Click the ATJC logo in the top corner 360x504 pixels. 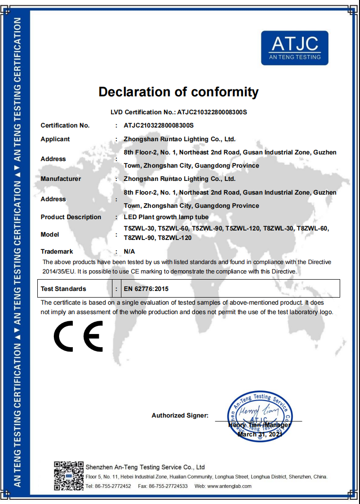point(294,48)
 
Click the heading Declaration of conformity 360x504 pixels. point(179,92)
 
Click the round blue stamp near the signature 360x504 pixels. point(260,414)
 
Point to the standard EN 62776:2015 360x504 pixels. point(146,289)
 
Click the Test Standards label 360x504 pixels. point(63,289)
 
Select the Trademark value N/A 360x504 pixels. point(129,251)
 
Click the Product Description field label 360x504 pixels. point(71,217)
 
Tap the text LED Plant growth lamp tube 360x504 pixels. point(166,217)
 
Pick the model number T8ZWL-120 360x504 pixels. point(175,238)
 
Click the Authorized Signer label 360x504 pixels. point(180,416)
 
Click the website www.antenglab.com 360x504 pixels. point(229,486)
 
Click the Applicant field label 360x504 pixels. point(55,139)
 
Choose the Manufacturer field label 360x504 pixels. point(60,179)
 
